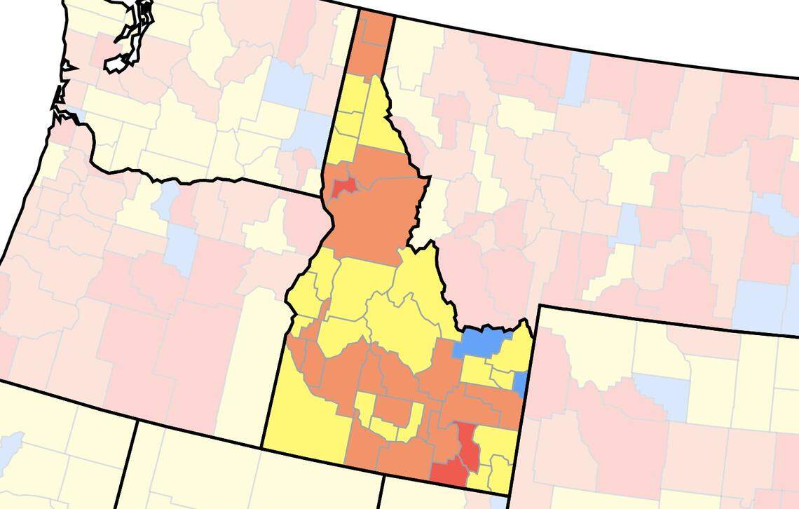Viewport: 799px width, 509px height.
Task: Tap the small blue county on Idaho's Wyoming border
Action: (x=521, y=383)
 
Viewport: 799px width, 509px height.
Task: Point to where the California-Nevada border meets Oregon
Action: (x=136, y=421)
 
